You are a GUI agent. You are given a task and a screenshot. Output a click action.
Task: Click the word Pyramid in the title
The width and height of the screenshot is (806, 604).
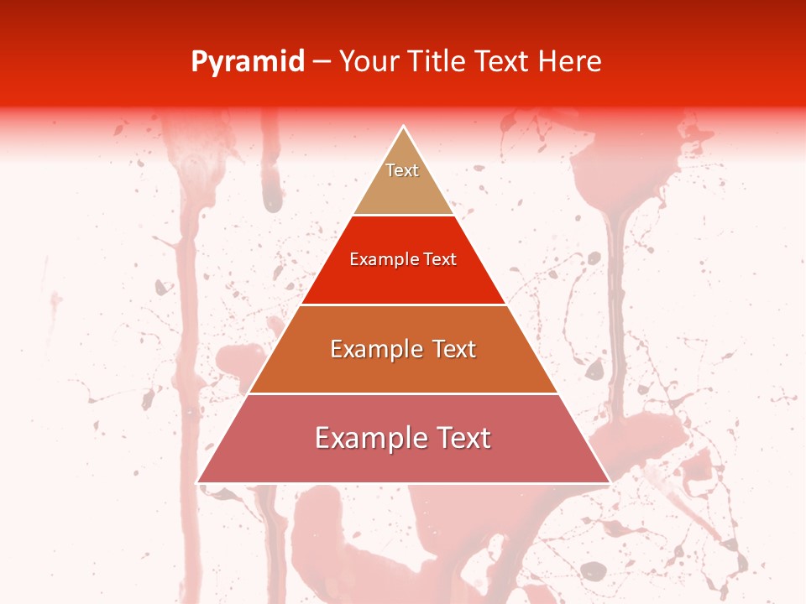pyautogui.click(x=248, y=62)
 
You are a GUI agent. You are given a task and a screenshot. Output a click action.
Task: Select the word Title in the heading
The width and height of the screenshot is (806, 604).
pyautogui.click(x=437, y=61)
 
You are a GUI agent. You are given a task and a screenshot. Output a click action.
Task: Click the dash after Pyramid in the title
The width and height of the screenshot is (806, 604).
pyautogui.click(x=322, y=62)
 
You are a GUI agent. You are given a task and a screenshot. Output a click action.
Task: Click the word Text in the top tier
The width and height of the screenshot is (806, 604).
pyautogui.click(x=402, y=170)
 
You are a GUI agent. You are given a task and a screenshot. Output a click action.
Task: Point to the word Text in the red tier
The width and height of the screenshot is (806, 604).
pyautogui.click(x=441, y=259)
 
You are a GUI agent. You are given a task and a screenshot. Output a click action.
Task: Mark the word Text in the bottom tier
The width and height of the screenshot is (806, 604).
pyautogui.click(x=462, y=438)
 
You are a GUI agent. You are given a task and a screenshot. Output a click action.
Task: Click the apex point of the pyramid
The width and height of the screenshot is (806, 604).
pyautogui.click(x=404, y=127)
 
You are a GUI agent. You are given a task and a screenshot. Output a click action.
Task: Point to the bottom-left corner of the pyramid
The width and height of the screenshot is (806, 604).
pyautogui.click(x=198, y=482)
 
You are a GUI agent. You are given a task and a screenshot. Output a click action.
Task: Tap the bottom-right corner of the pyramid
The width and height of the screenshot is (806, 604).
pyautogui.click(x=609, y=482)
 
